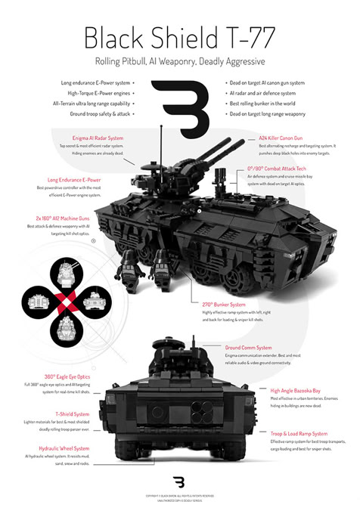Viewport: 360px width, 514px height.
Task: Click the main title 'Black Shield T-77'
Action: coord(179,36)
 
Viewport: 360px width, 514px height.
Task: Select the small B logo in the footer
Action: coord(179,482)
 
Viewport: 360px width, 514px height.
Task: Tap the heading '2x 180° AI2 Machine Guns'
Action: coord(59,216)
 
